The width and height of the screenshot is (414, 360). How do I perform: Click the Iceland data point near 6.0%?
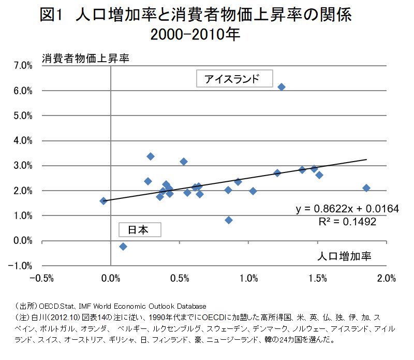(281, 87)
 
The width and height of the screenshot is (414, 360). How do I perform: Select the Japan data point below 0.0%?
(123, 247)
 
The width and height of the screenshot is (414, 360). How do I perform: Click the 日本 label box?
(140, 229)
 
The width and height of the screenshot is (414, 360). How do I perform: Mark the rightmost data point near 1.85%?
(366, 188)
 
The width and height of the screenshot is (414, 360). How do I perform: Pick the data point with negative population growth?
(103, 201)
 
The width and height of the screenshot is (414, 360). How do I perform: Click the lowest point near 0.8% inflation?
(229, 220)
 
